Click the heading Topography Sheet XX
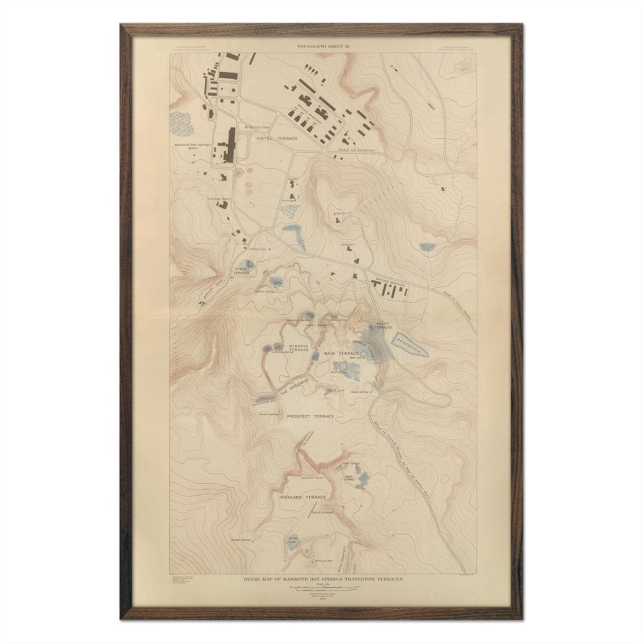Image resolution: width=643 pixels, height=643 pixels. [x=323, y=47]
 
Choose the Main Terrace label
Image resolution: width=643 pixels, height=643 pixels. [x=341, y=354]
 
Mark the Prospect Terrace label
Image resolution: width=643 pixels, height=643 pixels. [x=310, y=416]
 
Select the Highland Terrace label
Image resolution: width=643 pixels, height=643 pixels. [x=303, y=497]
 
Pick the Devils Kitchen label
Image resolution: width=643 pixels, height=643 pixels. [x=322, y=512]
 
